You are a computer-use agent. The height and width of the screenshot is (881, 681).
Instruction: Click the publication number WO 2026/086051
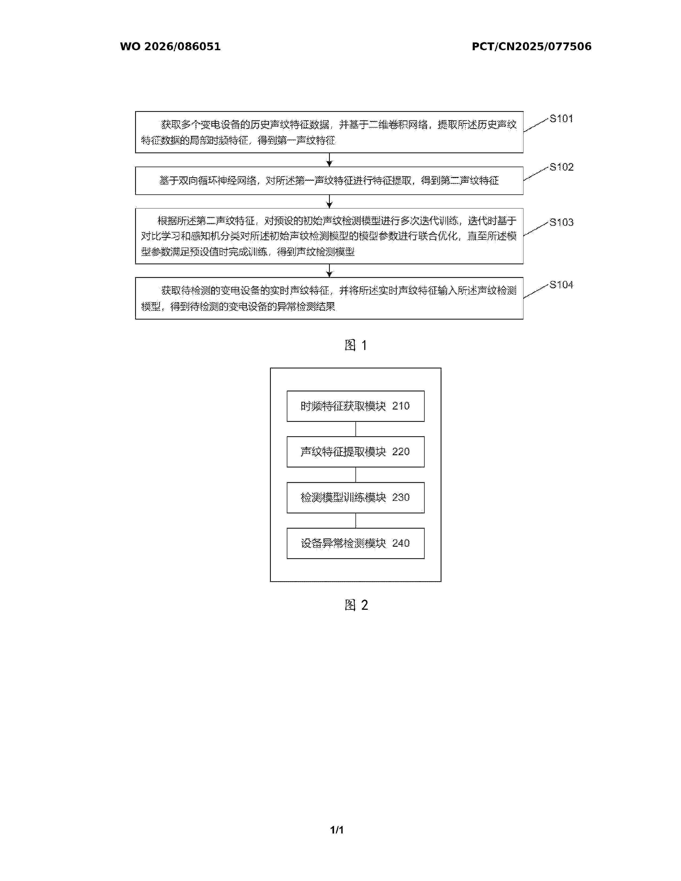[170, 46]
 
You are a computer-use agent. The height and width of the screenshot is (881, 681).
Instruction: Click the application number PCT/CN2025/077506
[531, 46]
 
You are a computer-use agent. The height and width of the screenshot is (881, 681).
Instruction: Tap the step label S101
[561, 119]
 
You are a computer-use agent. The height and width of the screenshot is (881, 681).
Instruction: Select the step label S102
[561, 167]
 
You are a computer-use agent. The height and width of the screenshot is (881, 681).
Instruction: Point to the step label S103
[561, 222]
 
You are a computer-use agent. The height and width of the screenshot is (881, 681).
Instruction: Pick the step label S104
[561, 285]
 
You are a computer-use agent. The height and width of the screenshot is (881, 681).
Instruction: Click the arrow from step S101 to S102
[329, 160]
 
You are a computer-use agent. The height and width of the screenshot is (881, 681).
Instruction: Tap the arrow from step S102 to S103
[329, 201]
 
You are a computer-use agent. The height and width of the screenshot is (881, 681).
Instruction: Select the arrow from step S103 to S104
[329, 271]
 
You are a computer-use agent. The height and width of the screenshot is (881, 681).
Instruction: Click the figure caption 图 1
[355, 345]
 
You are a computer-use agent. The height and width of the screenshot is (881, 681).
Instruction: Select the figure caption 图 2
[356, 605]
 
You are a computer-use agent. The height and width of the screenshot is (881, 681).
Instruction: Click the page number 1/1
[337, 830]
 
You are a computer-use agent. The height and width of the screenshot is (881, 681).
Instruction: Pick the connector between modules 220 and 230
[355, 475]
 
